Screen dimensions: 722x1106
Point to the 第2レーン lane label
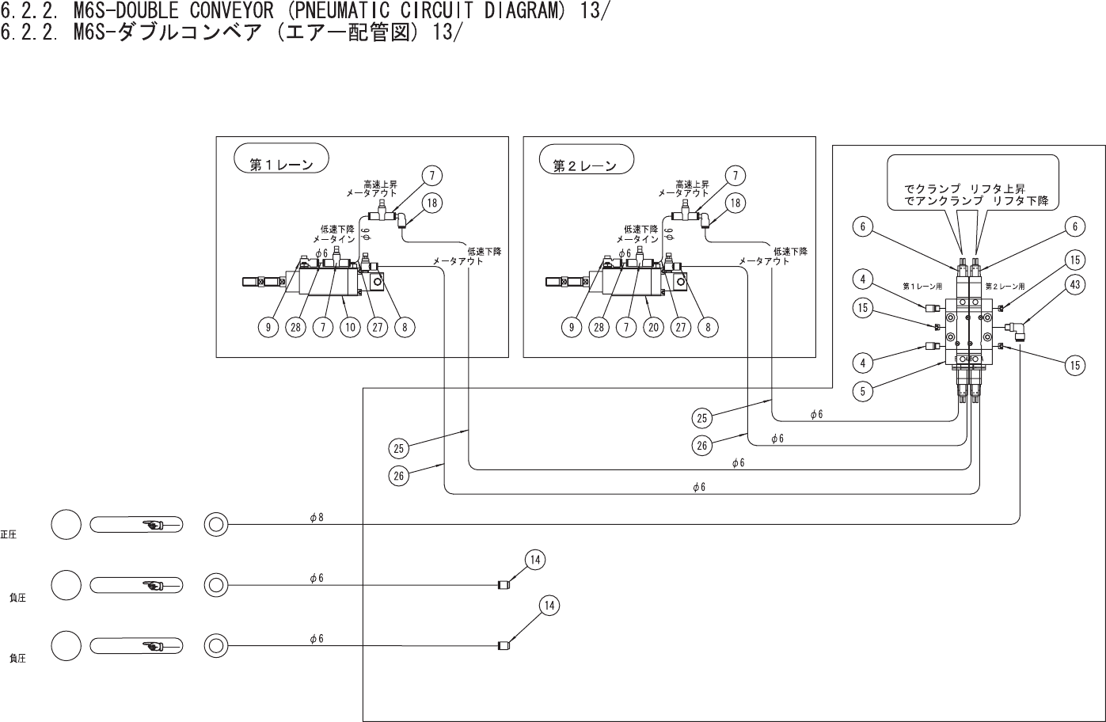tap(584, 165)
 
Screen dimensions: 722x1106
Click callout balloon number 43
tap(1074, 286)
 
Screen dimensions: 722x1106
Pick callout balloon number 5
tap(865, 389)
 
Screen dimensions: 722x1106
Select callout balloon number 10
tap(350, 326)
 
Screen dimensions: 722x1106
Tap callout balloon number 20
tap(653, 326)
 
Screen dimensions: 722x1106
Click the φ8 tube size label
tap(316, 517)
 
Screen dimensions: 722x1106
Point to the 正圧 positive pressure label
tap(9, 535)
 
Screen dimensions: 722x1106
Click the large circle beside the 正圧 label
tap(67, 524)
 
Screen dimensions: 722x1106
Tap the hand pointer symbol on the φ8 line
tap(154, 524)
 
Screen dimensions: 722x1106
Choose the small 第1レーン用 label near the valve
tap(922, 286)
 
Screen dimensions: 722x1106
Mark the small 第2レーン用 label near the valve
tap(1005, 286)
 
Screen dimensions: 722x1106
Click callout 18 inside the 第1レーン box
tap(431, 203)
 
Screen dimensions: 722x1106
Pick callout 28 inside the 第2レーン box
tap(599, 326)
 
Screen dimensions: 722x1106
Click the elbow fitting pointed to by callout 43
tap(1015, 326)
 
